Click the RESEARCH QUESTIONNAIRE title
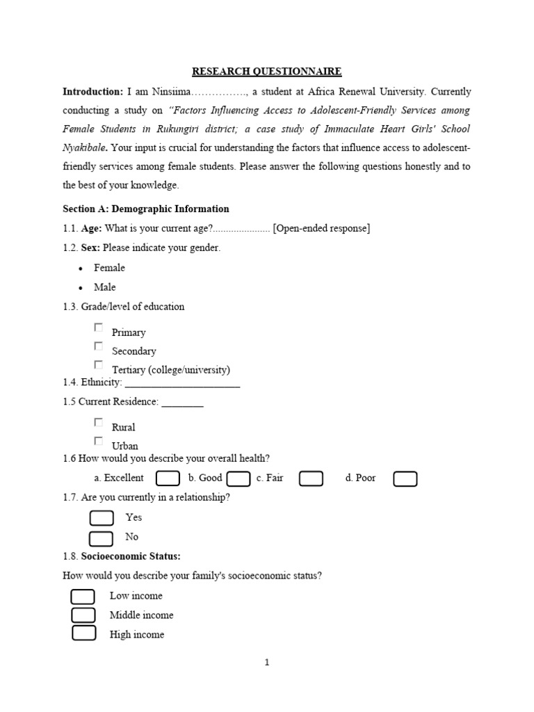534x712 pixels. click(x=267, y=72)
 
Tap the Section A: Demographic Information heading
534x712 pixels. click(x=145, y=209)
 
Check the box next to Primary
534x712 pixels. click(x=99, y=327)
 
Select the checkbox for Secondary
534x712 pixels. click(x=99, y=346)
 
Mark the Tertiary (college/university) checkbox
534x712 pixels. click(x=99, y=365)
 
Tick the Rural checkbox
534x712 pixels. click(x=99, y=422)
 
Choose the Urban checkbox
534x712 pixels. click(x=99, y=441)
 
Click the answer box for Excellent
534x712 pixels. click(x=168, y=478)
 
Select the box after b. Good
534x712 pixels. click(x=238, y=478)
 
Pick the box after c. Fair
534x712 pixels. click(x=311, y=478)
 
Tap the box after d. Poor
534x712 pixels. click(x=405, y=478)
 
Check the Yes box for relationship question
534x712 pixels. click(x=102, y=518)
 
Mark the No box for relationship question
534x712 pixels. click(x=102, y=537)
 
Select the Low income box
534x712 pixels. click(x=83, y=597)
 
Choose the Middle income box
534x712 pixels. click(x=83, y=615)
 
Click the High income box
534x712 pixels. click(x=83, y=633)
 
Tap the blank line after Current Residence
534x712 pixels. click(x=182, y=403)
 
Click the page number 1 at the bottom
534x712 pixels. click(x=267, y=663)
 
